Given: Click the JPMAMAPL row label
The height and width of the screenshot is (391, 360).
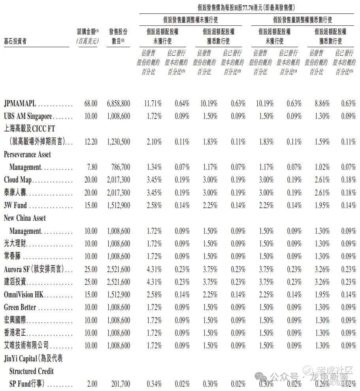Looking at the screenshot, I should tap(20, 104).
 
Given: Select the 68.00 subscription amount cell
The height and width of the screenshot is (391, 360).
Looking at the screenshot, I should tap(90, 104).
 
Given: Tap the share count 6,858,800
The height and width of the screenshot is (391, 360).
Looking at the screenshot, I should tap(118, 104).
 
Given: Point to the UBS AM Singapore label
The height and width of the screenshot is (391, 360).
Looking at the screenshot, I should tap(28, 117).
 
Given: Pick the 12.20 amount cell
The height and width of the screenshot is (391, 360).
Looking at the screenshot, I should tap(90, 142).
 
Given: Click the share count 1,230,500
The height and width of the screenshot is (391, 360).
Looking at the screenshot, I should tap(118, 142).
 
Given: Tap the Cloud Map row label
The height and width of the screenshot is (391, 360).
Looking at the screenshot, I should tap(18, 180).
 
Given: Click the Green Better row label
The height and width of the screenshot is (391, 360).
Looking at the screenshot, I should tap(20, 307).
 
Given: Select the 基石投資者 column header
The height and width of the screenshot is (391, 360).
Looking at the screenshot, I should tap(15, 41).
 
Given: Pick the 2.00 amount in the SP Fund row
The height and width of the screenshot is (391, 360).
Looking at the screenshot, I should tap(92, 384).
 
